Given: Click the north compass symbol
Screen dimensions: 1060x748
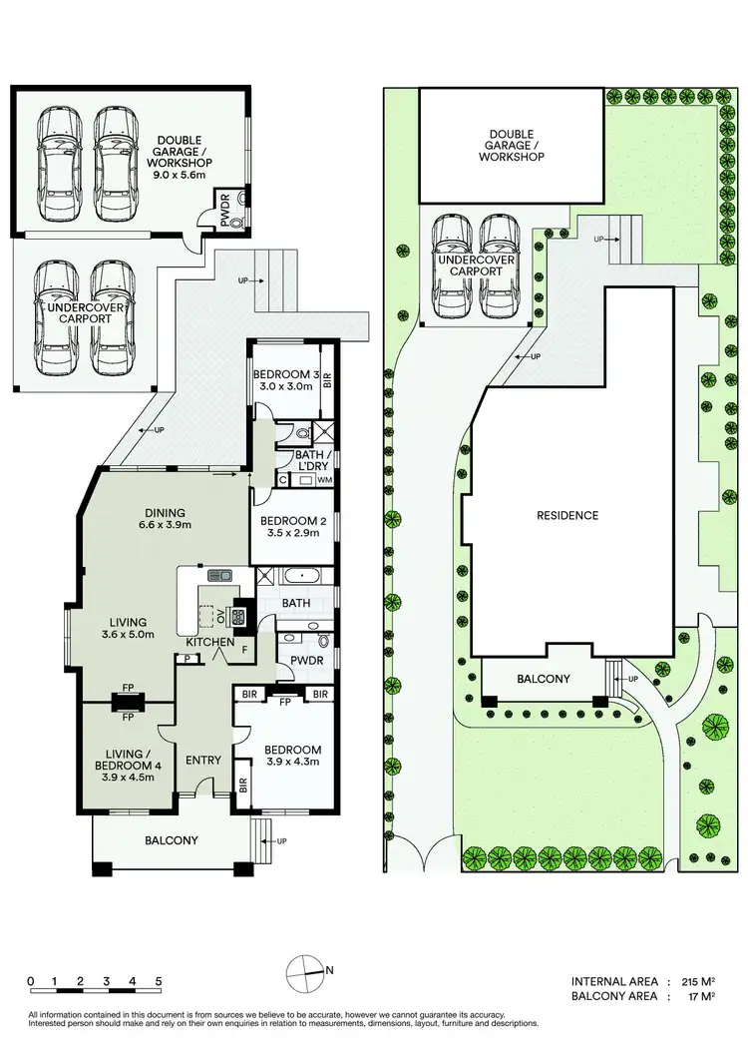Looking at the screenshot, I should click(305, 970).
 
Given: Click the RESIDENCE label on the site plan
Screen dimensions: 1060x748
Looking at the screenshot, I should click(566, 516).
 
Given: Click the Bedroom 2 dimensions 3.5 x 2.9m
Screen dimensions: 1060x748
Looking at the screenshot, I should click(289, 534).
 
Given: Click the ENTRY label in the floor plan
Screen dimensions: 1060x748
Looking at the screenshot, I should click(203, 761).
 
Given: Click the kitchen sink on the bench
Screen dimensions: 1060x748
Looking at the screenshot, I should click(219, 575).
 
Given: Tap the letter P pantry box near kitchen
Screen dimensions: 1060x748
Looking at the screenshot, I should click(187, 659).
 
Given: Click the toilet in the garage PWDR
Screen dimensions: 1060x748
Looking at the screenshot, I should click(235, 225).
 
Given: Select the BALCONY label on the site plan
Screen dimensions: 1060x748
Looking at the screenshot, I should click(544, 679).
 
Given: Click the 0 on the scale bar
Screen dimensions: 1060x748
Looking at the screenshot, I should click(32, 981).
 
